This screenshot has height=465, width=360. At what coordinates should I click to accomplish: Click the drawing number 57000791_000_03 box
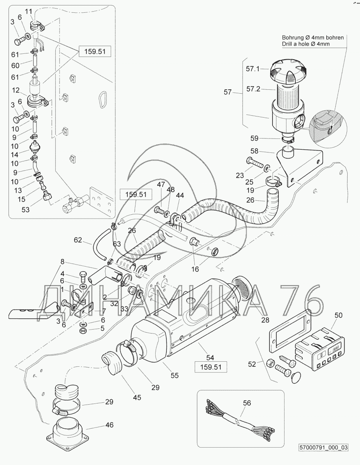click(324, 448)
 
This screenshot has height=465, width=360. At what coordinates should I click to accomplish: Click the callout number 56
click(247, 403)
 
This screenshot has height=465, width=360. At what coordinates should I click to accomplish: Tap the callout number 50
click(338, 316)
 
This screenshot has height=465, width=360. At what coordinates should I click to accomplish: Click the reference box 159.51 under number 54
click(211, 366)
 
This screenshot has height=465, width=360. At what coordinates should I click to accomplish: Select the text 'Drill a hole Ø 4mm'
click(306, 44)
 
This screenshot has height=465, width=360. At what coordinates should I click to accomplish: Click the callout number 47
click(161, 185)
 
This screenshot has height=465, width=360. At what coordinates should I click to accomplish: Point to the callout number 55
click(175, 375)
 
